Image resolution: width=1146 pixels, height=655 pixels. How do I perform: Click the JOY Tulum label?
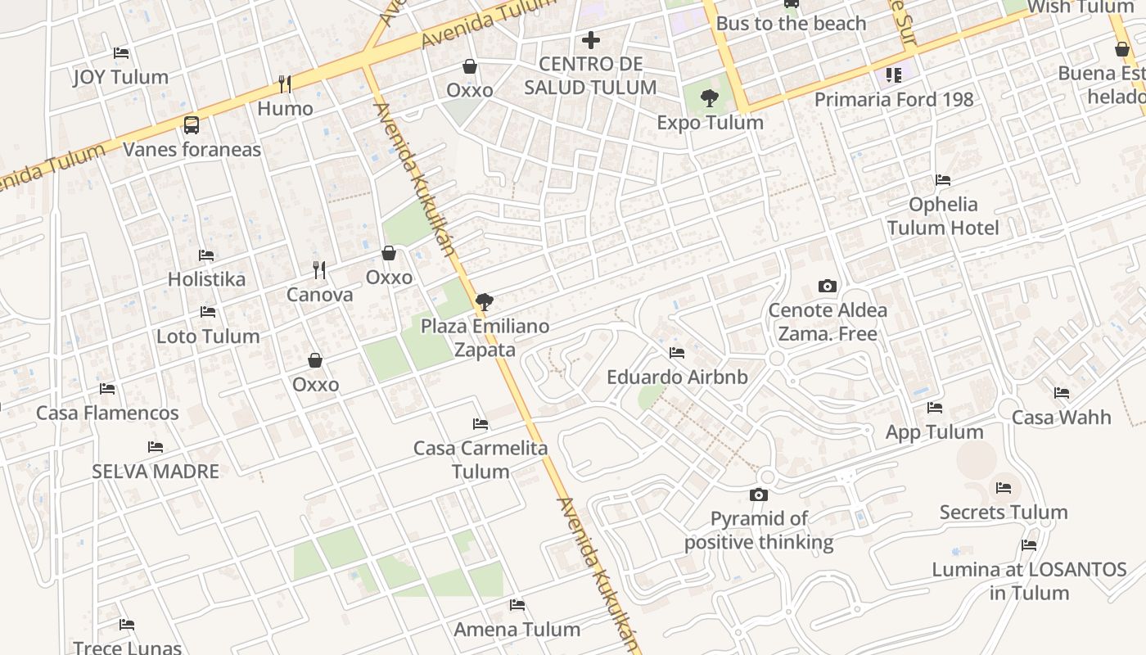coord(120,77)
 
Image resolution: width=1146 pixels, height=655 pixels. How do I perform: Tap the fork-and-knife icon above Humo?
coord(285,84)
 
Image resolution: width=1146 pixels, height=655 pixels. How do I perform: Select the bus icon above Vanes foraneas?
coord(192,125)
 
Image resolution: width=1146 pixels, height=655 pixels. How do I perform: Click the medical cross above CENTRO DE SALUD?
coord(591,39)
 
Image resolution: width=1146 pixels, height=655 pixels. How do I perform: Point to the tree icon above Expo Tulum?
coord(710,98)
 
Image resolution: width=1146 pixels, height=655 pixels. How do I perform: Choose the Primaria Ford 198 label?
coord(894,100)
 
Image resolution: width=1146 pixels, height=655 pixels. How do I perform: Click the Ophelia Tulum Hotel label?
coord(943,216)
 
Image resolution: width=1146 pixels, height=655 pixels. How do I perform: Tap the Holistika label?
coord(206,279)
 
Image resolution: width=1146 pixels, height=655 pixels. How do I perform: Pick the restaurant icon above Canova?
coord(319,269)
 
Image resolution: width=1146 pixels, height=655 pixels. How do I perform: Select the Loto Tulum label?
coord(208,336)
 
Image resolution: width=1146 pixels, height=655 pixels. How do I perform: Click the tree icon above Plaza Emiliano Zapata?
coord(485,301)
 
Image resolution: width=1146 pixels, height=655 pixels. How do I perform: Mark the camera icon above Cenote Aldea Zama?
coord(828,286)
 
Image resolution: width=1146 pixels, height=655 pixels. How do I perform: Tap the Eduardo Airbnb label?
coord(677,377)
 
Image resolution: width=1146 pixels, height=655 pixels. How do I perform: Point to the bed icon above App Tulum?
coord(935,408)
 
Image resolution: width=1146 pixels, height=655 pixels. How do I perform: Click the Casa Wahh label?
coord(1061,418)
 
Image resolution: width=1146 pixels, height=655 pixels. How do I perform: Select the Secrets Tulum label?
coord(1004,513)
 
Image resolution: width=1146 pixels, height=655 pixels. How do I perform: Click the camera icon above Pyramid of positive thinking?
coord(759,495)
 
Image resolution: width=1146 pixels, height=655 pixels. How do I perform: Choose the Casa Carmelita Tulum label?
coord(481,459)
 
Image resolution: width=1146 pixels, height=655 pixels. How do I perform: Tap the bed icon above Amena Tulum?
coord(517,605)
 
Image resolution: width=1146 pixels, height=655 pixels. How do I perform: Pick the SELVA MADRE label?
coord(156,472)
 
